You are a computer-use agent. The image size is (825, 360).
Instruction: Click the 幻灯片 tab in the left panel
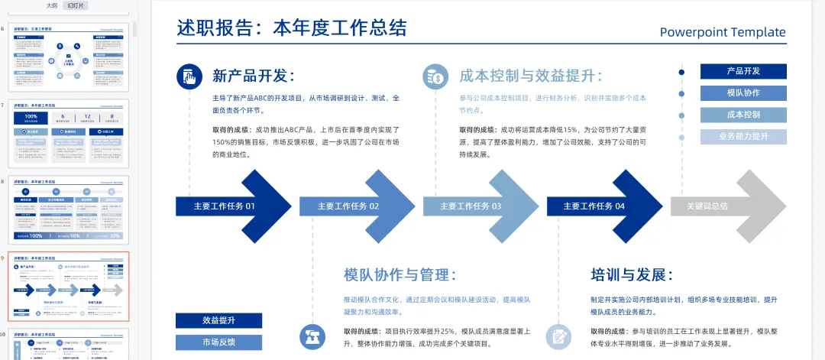coord(76,5)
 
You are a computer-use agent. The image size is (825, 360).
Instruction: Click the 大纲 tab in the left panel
coord(51,5)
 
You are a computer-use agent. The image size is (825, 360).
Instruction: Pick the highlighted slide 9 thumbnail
coord(69,287)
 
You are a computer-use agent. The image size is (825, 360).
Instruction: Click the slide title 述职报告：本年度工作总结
coord(292,28)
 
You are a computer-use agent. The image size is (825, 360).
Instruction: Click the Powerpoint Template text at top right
coord(723,32)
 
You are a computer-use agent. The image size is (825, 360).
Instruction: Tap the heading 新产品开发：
coord(254,76)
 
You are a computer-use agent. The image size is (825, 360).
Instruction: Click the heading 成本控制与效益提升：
coord(531,76)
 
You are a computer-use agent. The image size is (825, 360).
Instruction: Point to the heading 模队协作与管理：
coord(400,275)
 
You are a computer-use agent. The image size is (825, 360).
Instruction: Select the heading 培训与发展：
coord(632,275)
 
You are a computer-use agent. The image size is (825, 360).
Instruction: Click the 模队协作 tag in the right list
coord(743,93)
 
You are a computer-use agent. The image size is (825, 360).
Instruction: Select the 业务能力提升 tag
coord(743,137)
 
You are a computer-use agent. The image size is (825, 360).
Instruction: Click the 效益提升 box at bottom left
coord(218,320)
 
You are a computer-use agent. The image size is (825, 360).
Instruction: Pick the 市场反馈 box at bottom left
coord(218,342)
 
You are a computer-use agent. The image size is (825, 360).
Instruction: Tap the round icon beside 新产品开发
coord(189,76)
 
